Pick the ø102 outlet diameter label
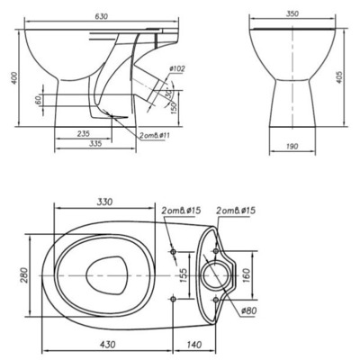[176, 68]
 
